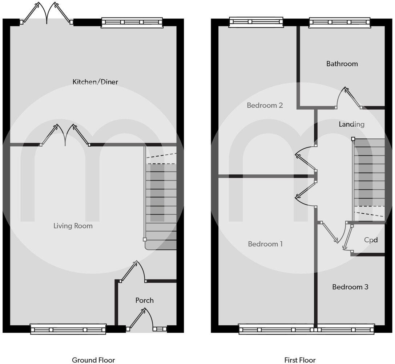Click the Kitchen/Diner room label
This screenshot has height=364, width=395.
click(x=95, y=82)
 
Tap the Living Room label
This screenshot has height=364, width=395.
click(x=73, y=226)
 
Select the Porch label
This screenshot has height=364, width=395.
click(x=144, y=300)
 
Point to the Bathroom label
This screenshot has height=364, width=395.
click(x=342, y=64)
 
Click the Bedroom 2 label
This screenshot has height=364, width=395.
click(x=265, y=106)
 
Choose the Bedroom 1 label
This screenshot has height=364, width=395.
click(x=265, y=244)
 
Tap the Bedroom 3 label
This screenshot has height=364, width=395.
click(x=350, y=287)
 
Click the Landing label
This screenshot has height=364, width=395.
click(x=351, y=124)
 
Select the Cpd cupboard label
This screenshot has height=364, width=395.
click(x=371, y=240)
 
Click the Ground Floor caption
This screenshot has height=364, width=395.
click(x=93, y=360)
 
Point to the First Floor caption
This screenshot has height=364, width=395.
click(x=300, y=360)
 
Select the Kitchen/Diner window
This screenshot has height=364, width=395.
click(x=132, y=23)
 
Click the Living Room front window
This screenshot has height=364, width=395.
click(x=68, y=329)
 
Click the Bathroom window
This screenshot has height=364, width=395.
click(x=340, y=23)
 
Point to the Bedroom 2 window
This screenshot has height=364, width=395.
click(x=256, y=23)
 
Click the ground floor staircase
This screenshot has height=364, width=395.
click(x=161, y=204)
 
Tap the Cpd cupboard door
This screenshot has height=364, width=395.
click(x=348, y=238)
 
